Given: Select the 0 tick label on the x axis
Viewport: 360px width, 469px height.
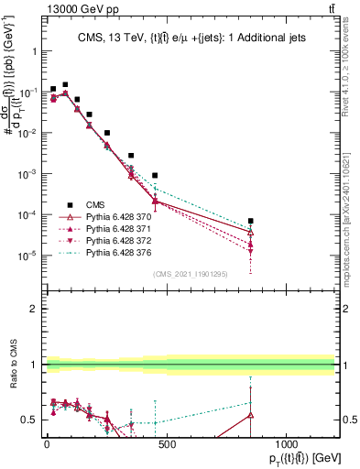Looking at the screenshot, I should [47, 443].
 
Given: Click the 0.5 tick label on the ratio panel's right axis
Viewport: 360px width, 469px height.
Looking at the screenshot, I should [349, 420].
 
